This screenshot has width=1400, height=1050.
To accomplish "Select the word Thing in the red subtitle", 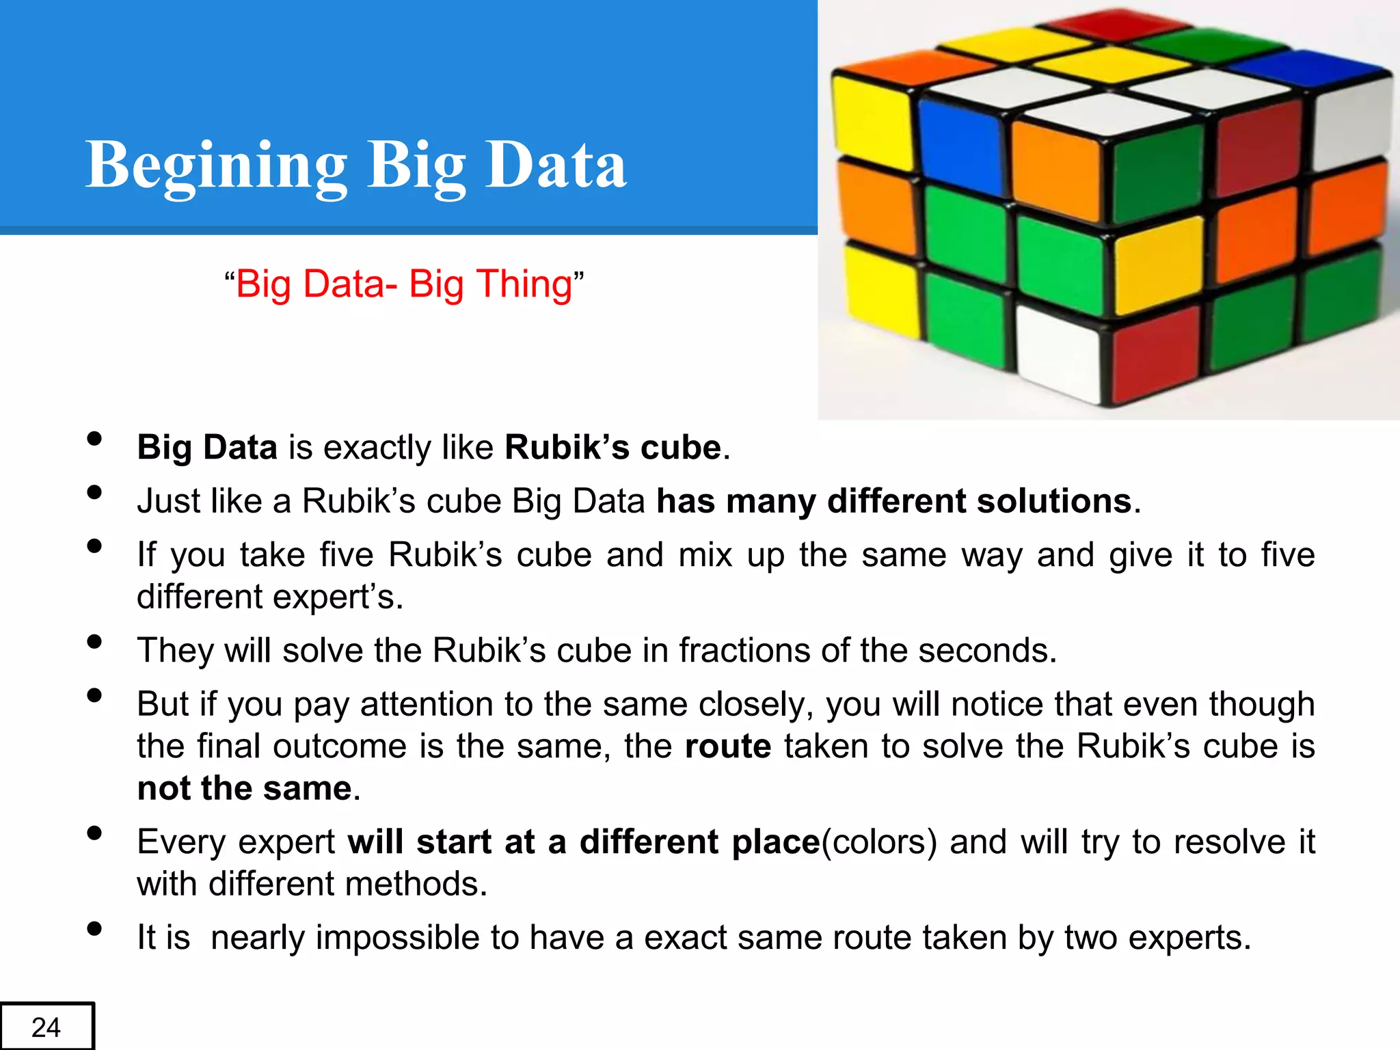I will click(524, 284).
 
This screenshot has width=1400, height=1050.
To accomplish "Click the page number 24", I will click(46, 1027).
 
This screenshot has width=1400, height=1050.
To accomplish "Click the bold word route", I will click(728, 746).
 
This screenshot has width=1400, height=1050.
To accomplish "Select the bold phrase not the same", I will click(245, 788).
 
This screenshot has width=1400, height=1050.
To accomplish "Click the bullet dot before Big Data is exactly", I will click(95, 439).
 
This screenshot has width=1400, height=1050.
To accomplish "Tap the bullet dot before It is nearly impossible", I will click(95, 928).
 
